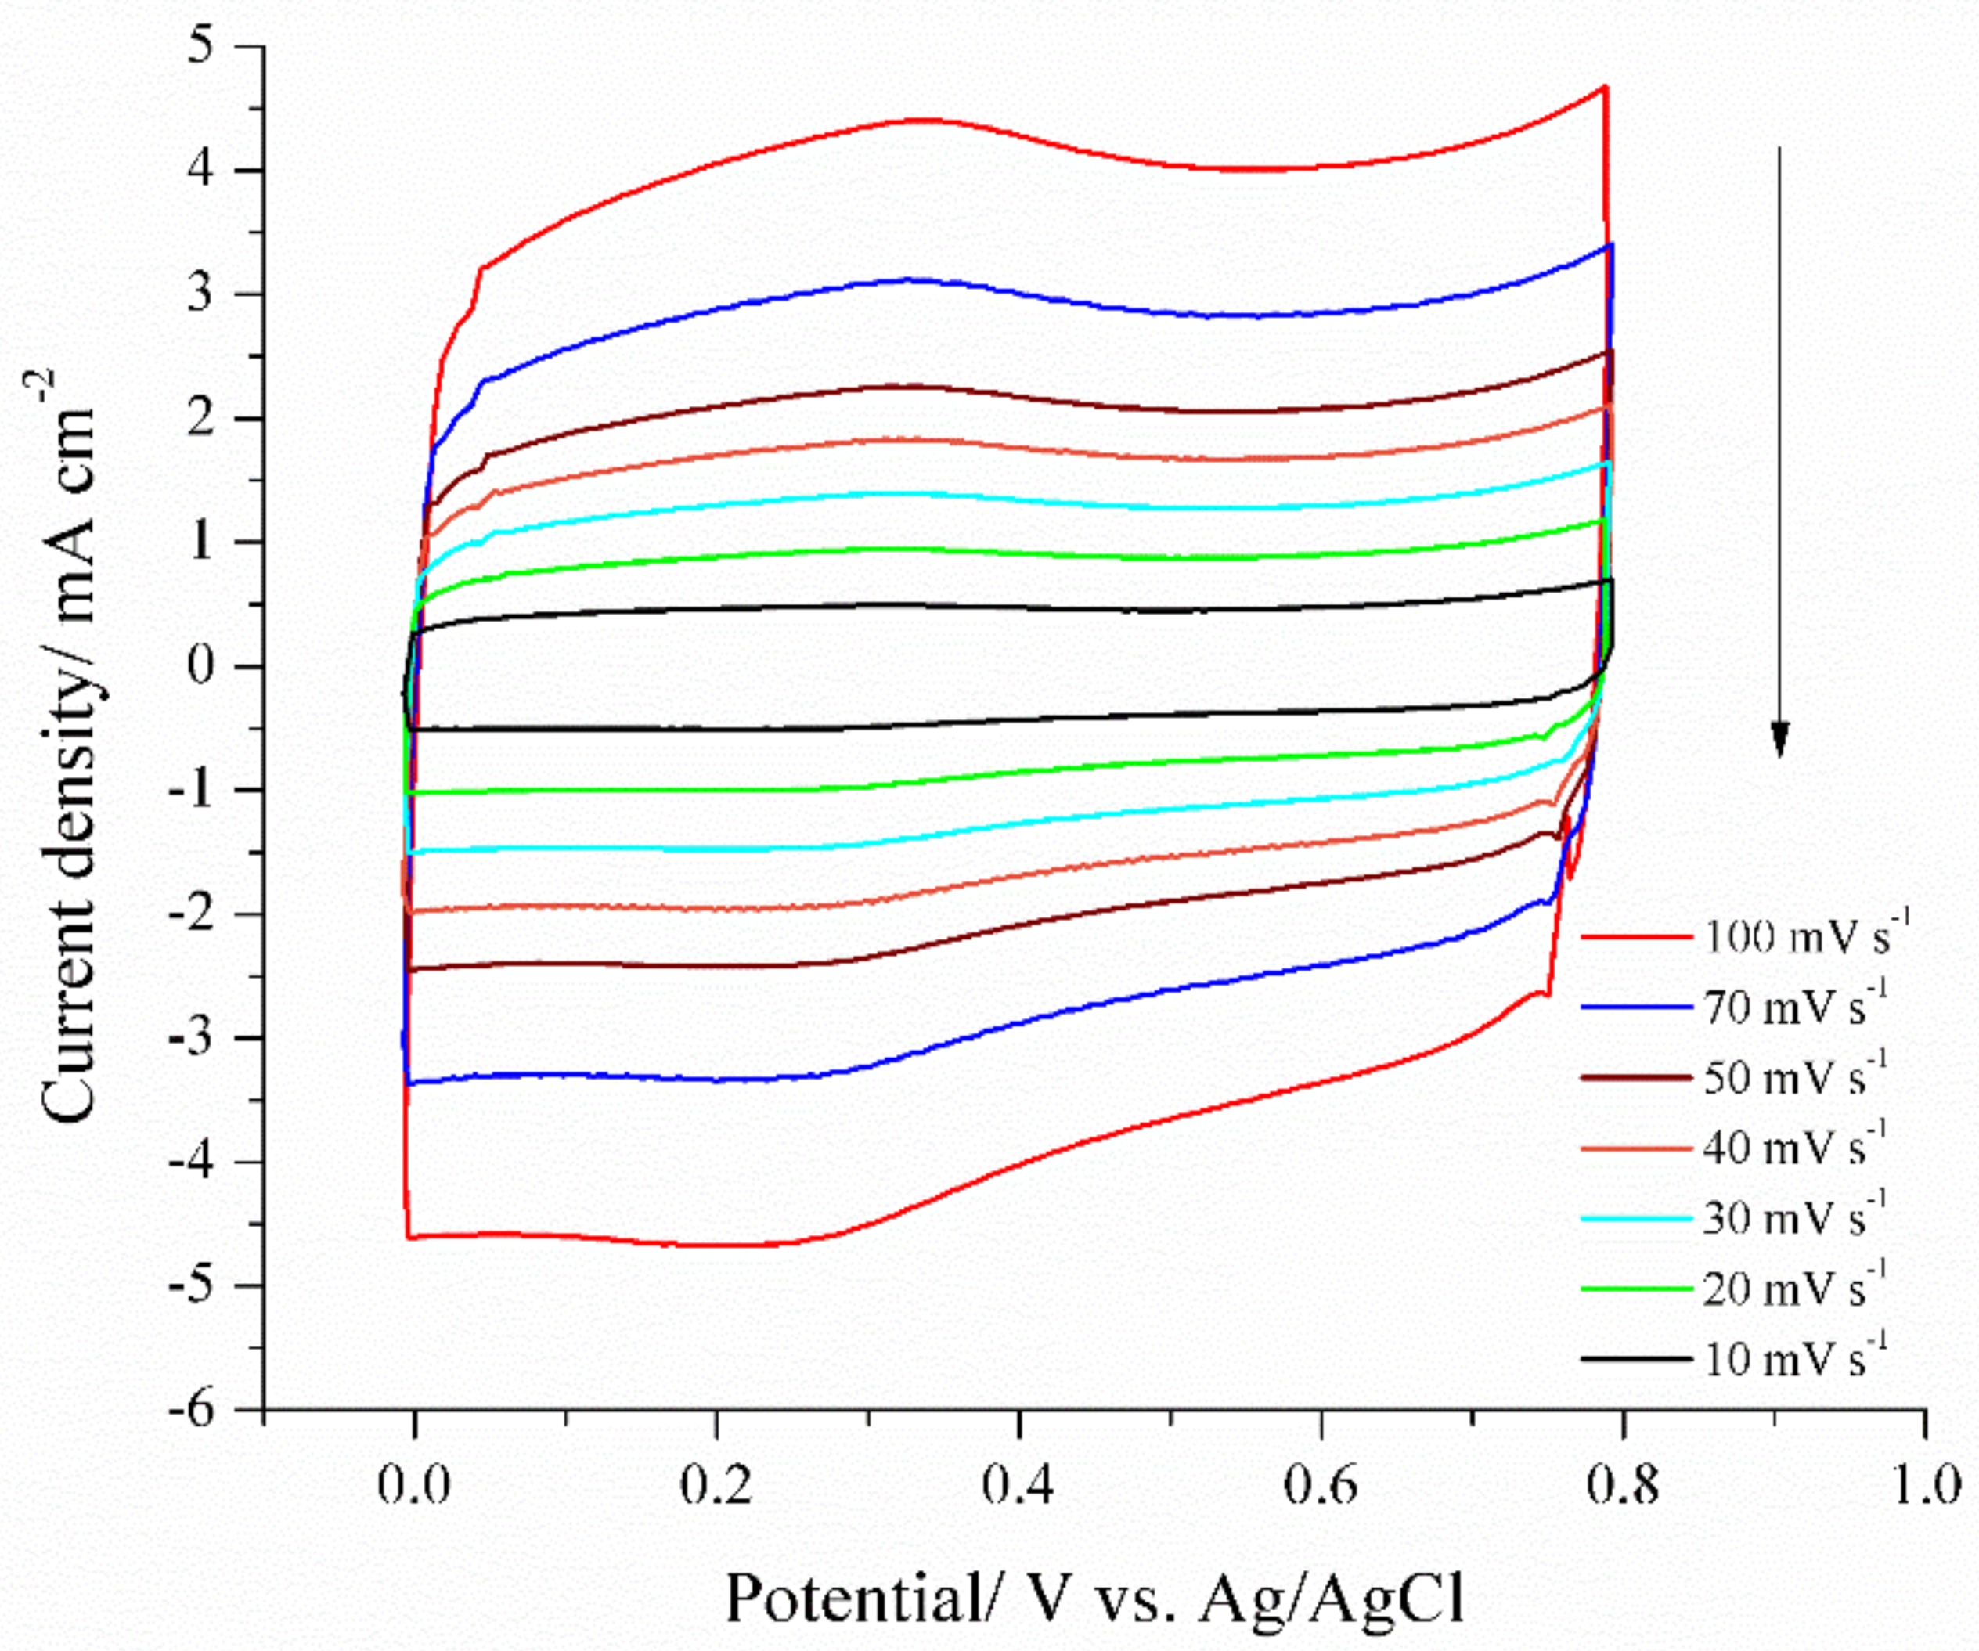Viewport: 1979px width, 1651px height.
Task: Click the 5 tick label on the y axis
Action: coord(202,46)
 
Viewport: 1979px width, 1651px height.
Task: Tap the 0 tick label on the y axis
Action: coord(202,666)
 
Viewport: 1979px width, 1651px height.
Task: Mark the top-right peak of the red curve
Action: coord(1605,88)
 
